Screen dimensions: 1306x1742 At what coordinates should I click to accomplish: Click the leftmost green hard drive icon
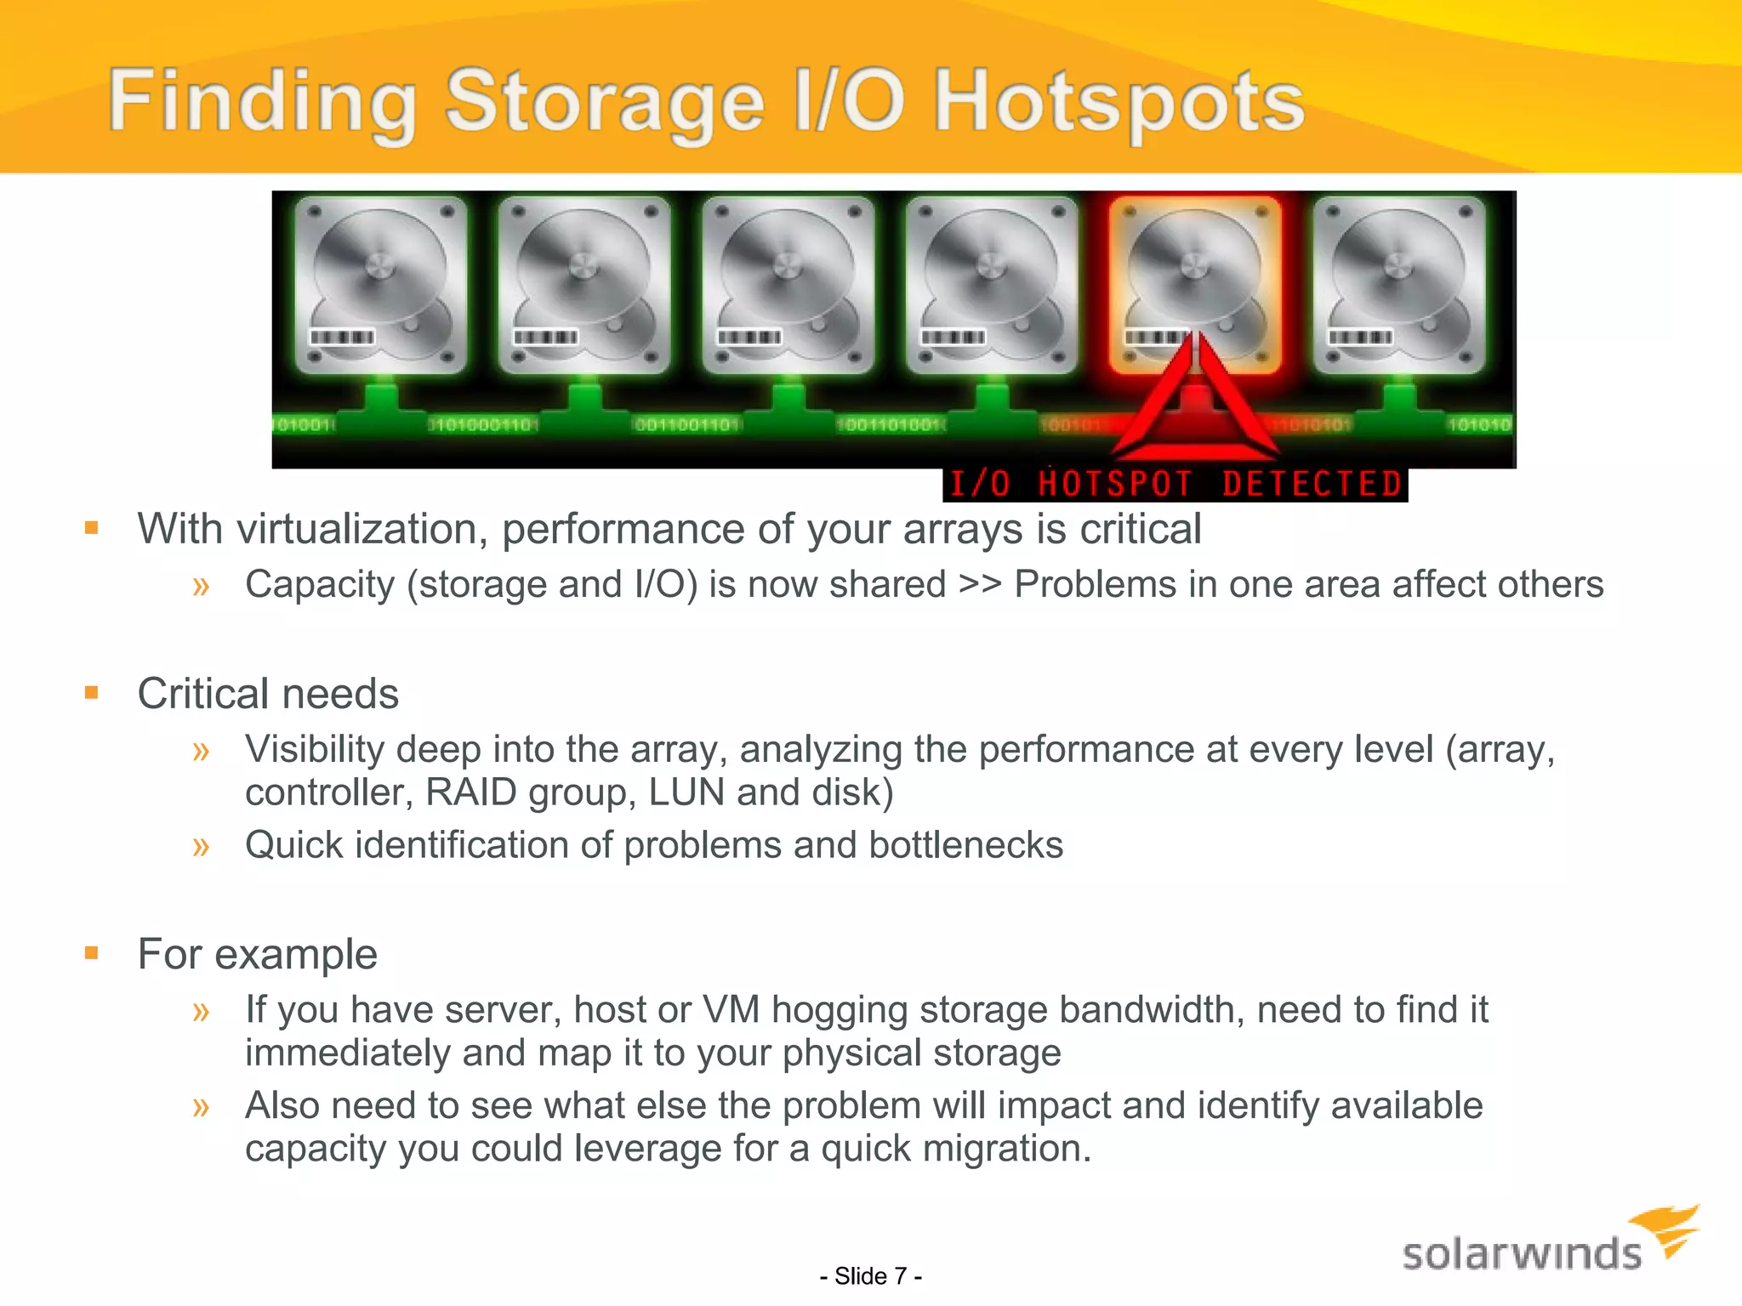coord(380,285)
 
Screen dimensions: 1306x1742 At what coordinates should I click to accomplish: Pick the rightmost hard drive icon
coord(1398,285)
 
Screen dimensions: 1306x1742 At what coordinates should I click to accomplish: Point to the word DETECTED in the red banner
coord(1311,485)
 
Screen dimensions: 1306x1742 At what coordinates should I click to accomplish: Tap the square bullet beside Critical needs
coord(92,693)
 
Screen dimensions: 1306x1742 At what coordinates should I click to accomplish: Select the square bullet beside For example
coord(92,953)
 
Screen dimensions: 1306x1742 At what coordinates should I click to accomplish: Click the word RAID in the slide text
coord(470,792)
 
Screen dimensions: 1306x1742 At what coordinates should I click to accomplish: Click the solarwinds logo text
coord(1521,1255)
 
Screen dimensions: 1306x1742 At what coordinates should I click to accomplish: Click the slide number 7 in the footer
coord(900,1276)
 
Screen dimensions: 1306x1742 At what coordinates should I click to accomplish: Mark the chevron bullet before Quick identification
coord(201,847)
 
